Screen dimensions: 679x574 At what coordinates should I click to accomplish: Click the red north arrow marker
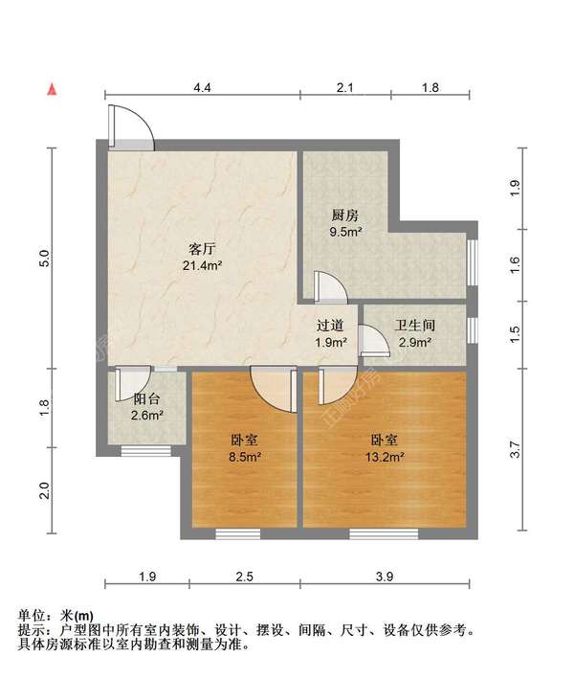click(x=55, y=90)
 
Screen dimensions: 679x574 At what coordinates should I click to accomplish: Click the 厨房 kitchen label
click(x=345, y=215)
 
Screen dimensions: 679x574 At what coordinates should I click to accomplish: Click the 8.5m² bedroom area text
click(x=246, y=457)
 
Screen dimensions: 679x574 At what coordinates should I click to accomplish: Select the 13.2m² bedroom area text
click(x=384, y=457)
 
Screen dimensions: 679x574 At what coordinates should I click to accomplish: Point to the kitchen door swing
click(x=330, y=286)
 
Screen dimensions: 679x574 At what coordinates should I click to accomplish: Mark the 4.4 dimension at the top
click(x=202, y=88)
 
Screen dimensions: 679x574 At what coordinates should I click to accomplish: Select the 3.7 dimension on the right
click(x=516, y=449)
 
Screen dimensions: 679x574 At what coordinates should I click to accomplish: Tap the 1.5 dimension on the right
click(x=516, y=334)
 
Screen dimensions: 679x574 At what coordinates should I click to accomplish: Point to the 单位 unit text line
click(x=56, y=615)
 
